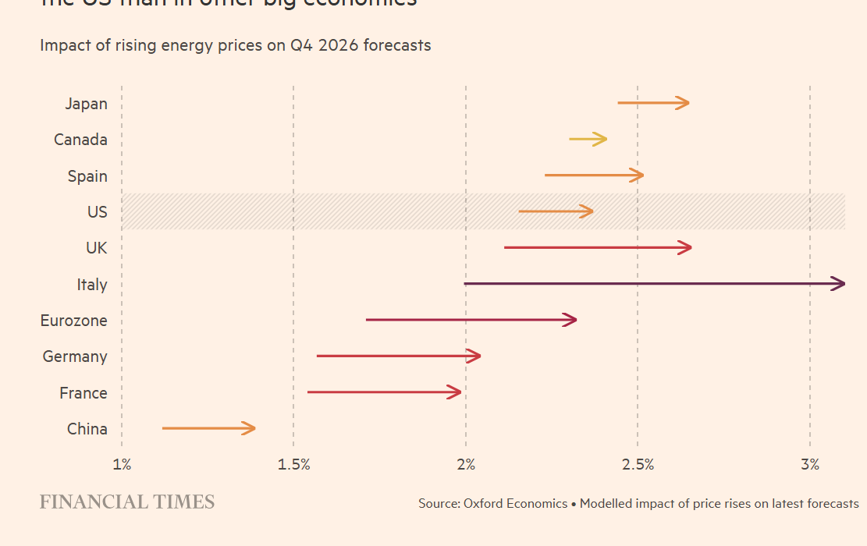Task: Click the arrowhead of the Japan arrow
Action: coord(684,103)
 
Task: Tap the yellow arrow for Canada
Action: coord(588,139)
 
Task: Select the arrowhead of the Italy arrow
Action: coord(840,284)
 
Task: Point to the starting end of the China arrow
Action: coord(164,428)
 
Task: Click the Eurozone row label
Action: coord(74,321)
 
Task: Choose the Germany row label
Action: coord(75,356)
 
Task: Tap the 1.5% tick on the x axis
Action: coord(293,465)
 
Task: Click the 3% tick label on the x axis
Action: coord(810,465)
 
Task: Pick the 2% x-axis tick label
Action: coord(466,465)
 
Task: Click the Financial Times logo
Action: coord(127,502)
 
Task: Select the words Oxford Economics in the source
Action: coord(515,504)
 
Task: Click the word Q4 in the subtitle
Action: coord(301,45)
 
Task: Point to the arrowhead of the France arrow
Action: coord(456,392)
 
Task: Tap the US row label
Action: coord(98,212)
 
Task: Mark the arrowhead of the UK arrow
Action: coord(686,247)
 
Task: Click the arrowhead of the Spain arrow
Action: coord(638,175)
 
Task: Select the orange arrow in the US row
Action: coord(555,211)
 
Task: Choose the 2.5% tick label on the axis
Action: coord(638,465)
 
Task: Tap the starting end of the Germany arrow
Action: coord(318,356)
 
